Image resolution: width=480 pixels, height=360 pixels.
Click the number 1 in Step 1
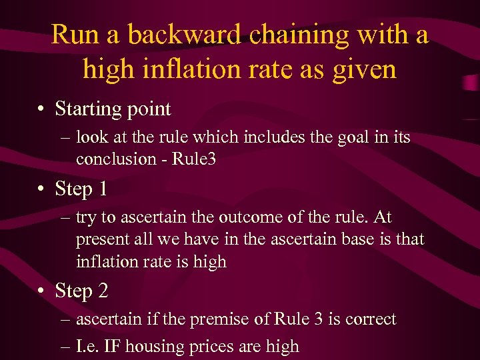102,189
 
